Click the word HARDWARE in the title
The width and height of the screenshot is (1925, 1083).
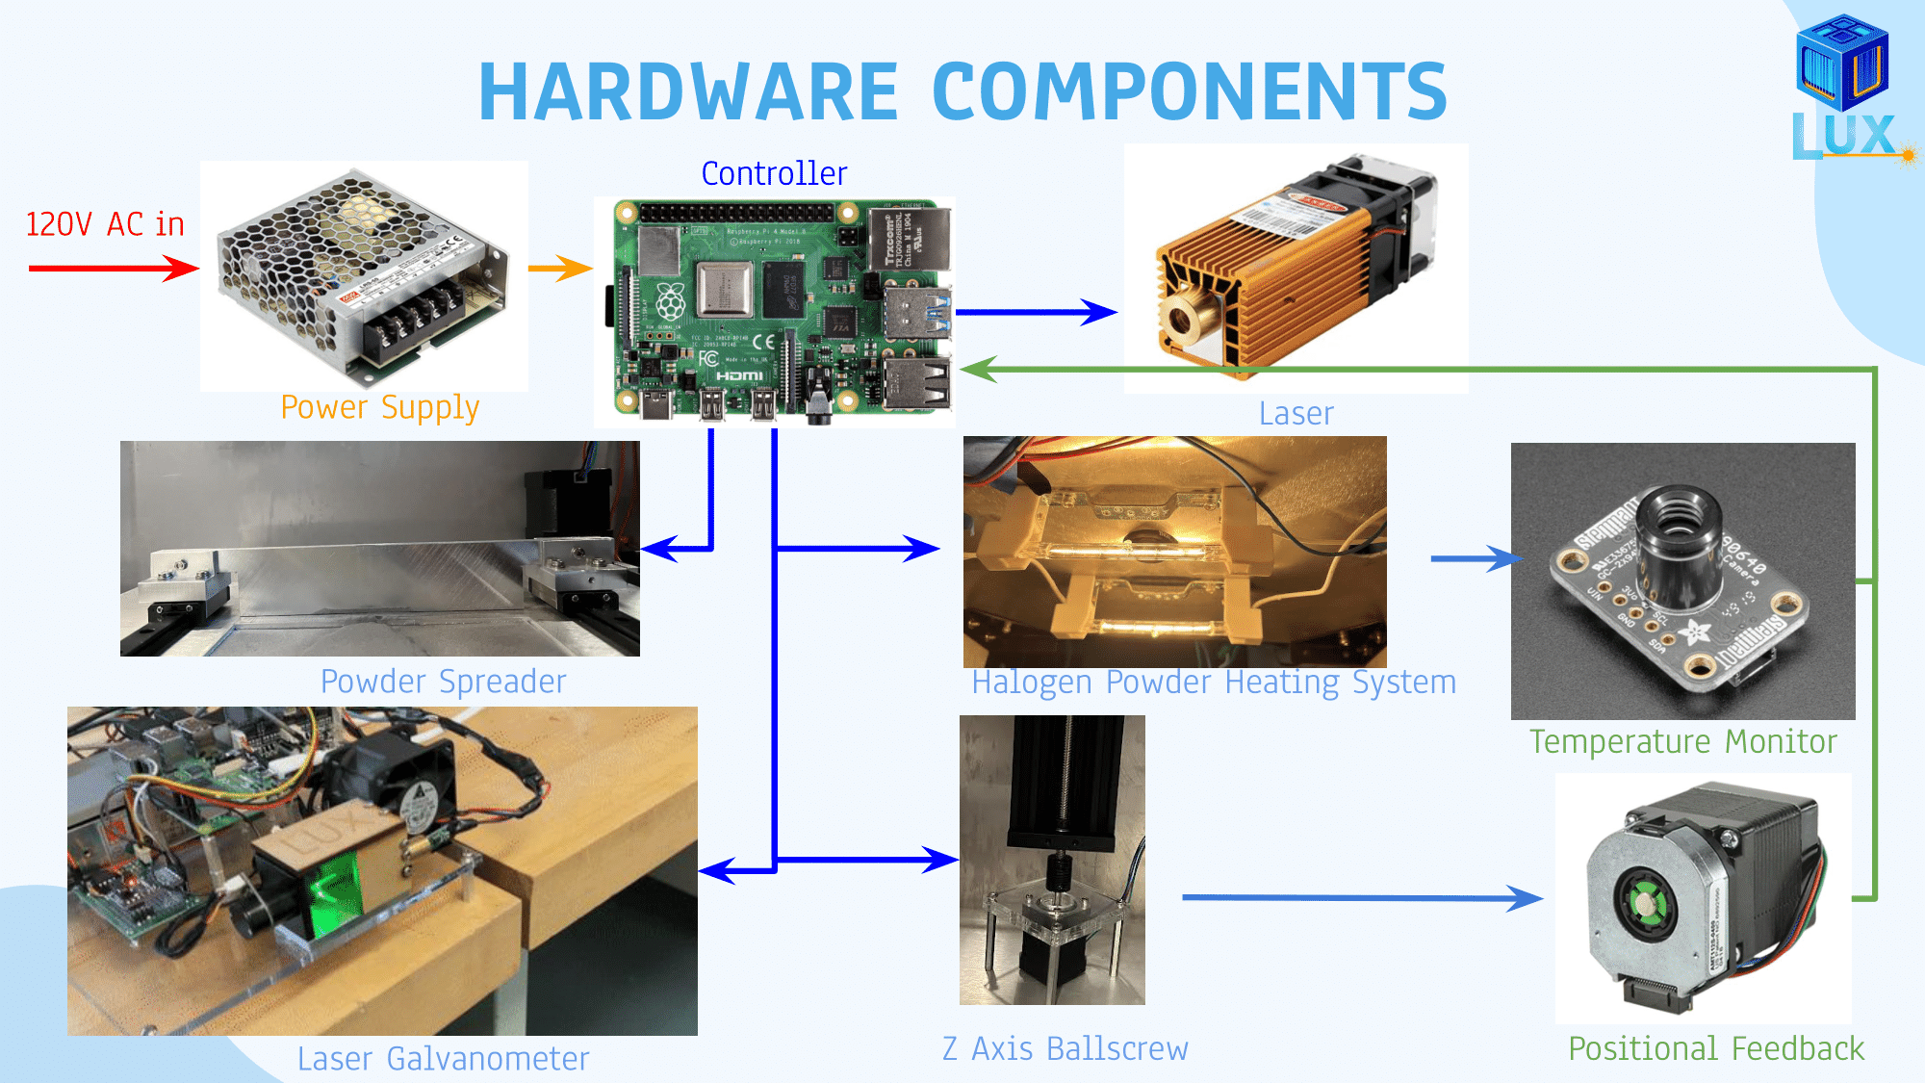coord(688,91)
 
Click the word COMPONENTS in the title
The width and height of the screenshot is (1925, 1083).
coord(1190,91)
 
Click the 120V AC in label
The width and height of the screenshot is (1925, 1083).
coord(105,224)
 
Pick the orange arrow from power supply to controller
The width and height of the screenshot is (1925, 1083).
coord(560,269)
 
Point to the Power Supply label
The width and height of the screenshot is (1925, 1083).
coord(379,407)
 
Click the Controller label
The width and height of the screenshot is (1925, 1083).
coord(774,173)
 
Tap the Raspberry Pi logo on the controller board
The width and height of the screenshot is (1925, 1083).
coord(671,302)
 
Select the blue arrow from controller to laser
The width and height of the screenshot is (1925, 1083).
coord(1035,312)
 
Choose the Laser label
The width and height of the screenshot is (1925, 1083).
coord(1296,414)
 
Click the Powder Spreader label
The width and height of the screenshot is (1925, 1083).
coord(443,682)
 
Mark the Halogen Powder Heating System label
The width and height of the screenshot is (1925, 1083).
coord(1213,683)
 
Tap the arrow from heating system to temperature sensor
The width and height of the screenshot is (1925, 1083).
coord(1474,558)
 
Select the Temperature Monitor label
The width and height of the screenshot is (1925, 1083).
coord(1682,742)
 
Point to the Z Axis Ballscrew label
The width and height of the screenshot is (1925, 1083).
coord(1065,1048)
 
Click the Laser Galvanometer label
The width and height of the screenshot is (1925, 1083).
coord(443,1059)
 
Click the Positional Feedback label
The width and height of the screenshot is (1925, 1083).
coord(1715,1048)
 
